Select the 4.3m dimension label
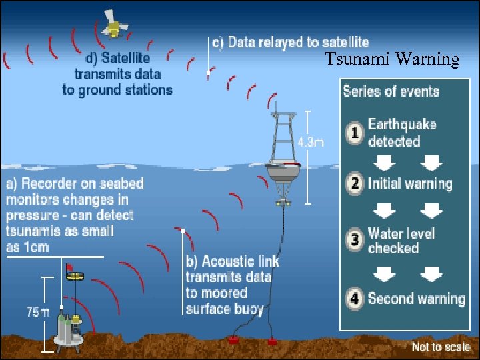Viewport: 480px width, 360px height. [311, 142]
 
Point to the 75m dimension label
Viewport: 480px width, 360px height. [37, 312]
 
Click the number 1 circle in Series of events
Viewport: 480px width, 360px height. [355, 133]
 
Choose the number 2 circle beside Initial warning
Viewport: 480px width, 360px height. [355, 183]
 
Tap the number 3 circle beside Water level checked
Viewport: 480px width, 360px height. [355, 240]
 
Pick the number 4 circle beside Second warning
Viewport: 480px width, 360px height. [355, 298]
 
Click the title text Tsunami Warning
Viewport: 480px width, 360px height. [392, 60]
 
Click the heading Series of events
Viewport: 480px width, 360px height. [391, 90]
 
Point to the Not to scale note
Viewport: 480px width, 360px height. [439, 347]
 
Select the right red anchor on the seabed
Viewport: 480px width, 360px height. [273, 341]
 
